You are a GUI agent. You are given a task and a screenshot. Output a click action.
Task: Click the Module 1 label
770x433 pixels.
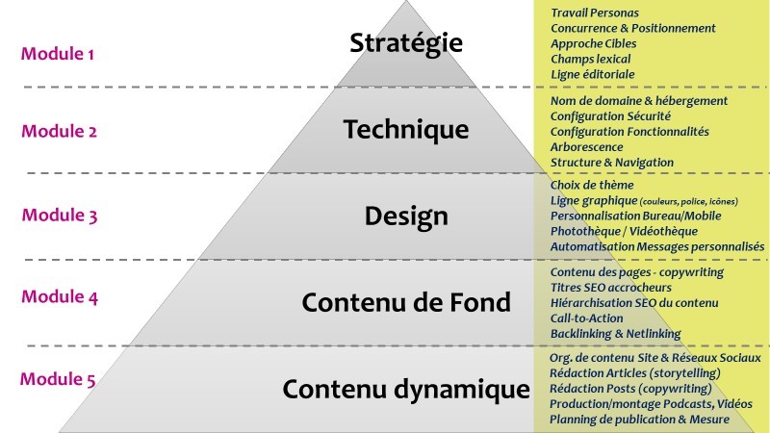58,54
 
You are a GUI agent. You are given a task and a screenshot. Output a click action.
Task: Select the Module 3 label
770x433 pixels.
60,216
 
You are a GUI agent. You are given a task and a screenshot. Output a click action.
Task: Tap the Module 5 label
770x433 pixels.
58,379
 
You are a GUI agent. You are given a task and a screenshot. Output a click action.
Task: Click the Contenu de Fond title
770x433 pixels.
406,302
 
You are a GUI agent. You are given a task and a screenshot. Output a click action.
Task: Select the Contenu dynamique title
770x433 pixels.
406,389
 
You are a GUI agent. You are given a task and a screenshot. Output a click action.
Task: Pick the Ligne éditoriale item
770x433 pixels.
593,74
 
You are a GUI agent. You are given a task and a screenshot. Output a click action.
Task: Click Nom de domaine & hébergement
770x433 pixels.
639,101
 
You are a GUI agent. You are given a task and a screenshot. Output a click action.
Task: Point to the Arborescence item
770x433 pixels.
586,147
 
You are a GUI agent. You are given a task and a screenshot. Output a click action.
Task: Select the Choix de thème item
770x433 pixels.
593,185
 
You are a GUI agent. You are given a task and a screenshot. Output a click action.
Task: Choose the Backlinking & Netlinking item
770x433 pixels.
615,334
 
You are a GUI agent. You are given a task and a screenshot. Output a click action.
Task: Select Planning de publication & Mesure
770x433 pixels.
639,420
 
